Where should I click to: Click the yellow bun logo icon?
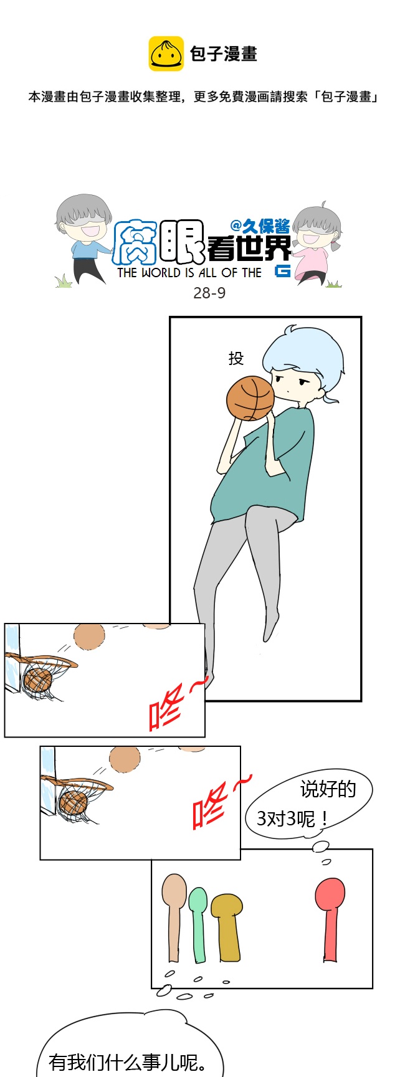pyautogui.click(x=166, y=54)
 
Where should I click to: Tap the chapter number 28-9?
pyautogui.click(x=209, y=293)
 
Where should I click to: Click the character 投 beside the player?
pyautogui.click(x=236, y=358)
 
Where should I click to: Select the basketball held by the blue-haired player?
pyautogui.click(x=250, y=398)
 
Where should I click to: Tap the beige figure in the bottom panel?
pyautogui.click(x=174, y=916)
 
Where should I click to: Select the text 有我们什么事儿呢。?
pyautogui.click(x=128, y=1062)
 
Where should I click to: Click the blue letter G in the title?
pyautogui.click(x=283, y=271)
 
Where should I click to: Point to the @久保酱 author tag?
pyautogui.click(x=260, y=225)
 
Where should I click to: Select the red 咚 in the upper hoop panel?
pyautogui.click(x=166, y=706)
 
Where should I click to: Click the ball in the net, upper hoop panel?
pyautogui.click(x=37, y=680)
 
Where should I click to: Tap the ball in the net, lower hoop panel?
pyautogui.click(x=73, y=802)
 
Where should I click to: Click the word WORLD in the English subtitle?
pyautogui.click(x=161, y=273)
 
